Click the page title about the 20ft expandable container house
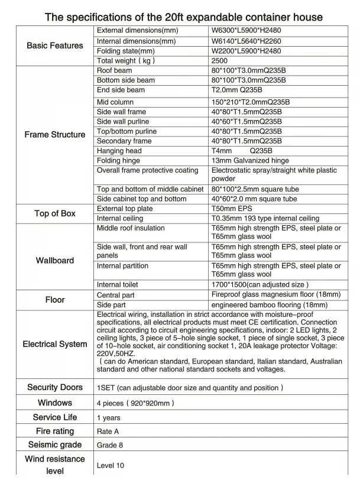(x=184, y=17)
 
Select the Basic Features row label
(x=55, y=46)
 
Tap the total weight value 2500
(x=219, y=61)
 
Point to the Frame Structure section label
(x=55, y=135)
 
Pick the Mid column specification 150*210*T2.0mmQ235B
(x=251, y=102)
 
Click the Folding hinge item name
(x=118, y=161)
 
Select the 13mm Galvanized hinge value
(x=250, y=161)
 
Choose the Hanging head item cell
(x=119, y=151)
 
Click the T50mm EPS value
(x=233, y=209)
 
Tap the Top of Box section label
(x=55, y=213)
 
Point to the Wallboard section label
(x=55, y=260)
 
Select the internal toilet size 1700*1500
(x=260, y=285)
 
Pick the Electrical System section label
(x=55, y=344)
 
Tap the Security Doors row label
(x=55, y=387)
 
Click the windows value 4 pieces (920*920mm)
(x=135, y=403)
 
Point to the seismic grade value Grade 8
(x=110, y=445)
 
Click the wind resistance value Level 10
(x=111, y=466)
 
